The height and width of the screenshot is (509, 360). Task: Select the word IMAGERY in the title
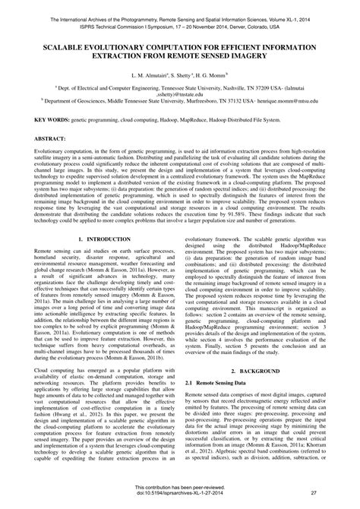click(x=272, y=58)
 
